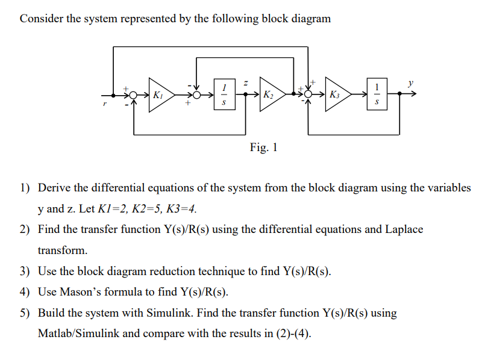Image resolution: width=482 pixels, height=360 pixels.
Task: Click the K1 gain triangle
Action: (159, 95)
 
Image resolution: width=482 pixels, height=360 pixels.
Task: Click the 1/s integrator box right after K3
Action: (377, 95)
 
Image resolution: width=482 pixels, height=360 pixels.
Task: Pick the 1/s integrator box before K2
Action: (224, 95)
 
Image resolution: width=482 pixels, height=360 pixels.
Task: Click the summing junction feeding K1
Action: (133, 95)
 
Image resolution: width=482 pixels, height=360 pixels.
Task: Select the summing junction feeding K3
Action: (308, 95)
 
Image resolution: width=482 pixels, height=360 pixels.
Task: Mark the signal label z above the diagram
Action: (246, 82)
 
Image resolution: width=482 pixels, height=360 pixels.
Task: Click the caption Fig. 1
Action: (263, 147)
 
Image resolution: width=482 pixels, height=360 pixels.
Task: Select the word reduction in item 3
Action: (164, 271)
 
